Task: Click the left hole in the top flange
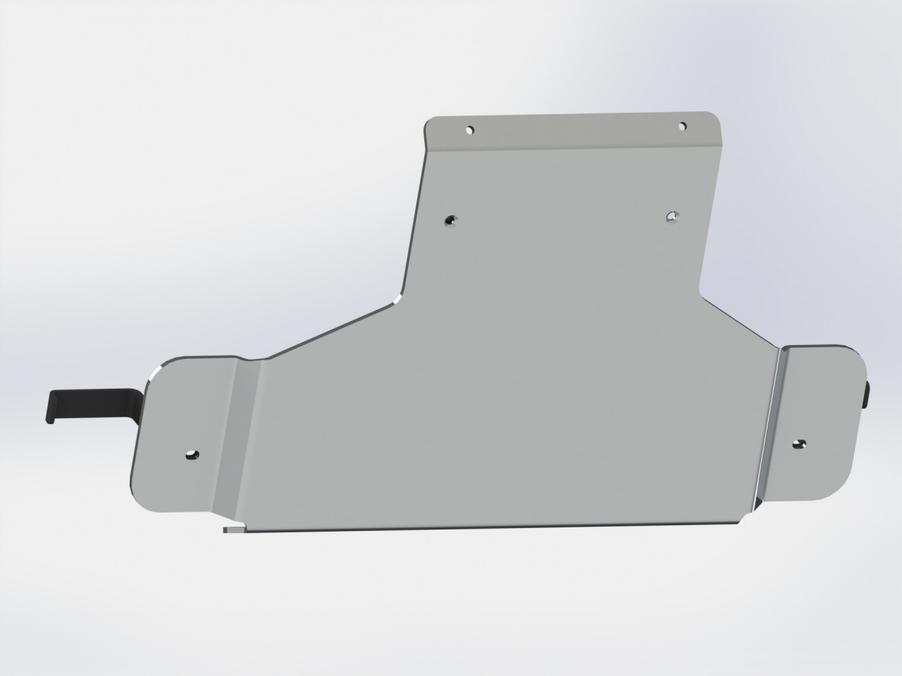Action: click(470, 130)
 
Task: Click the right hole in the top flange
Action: click(682, 126)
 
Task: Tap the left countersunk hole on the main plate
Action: click(450, 221)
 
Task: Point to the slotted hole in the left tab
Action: click(191, 455)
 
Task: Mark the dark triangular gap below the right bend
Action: click(756, 501)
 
